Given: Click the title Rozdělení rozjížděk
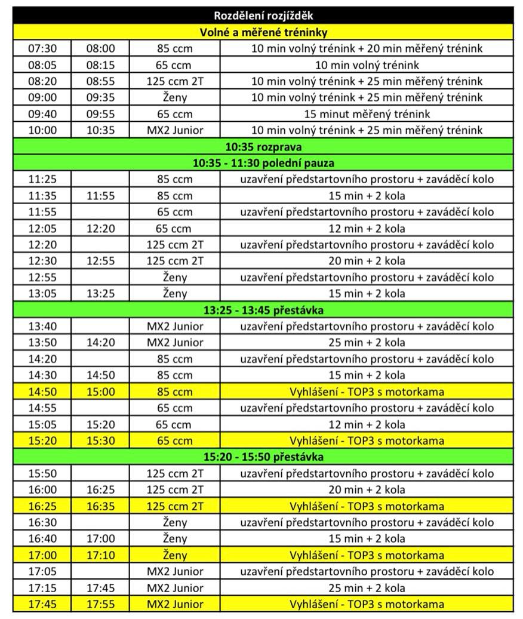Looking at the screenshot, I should [263, 16].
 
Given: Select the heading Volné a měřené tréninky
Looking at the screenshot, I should [263, 32].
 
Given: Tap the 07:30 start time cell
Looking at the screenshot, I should [42, 48].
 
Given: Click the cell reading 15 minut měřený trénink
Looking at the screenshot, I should [367, 113].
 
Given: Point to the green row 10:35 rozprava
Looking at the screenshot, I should [263, 146].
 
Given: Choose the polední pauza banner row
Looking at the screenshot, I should [263, 162].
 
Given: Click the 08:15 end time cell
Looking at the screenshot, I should [100, 64].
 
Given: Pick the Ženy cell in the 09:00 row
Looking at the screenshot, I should [175, 97].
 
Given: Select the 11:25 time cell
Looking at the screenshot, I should [42, 179].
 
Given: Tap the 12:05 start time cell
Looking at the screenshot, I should [42, 228].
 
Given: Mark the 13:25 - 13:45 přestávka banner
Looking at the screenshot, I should [263, 310].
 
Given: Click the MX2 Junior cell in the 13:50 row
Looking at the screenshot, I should [175, 343].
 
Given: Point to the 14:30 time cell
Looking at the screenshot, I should [42, 375].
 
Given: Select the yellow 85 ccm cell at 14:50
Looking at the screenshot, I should [175, 392].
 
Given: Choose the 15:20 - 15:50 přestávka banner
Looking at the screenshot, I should [263, 457].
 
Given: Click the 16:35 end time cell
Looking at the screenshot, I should [100, 506].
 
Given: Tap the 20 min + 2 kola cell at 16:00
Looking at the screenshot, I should [367, 489].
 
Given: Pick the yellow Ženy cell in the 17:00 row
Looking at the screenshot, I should [175, 555].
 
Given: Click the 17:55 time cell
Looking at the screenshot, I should [100, 604].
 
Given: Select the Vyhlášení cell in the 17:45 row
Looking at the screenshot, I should [367, 604].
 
